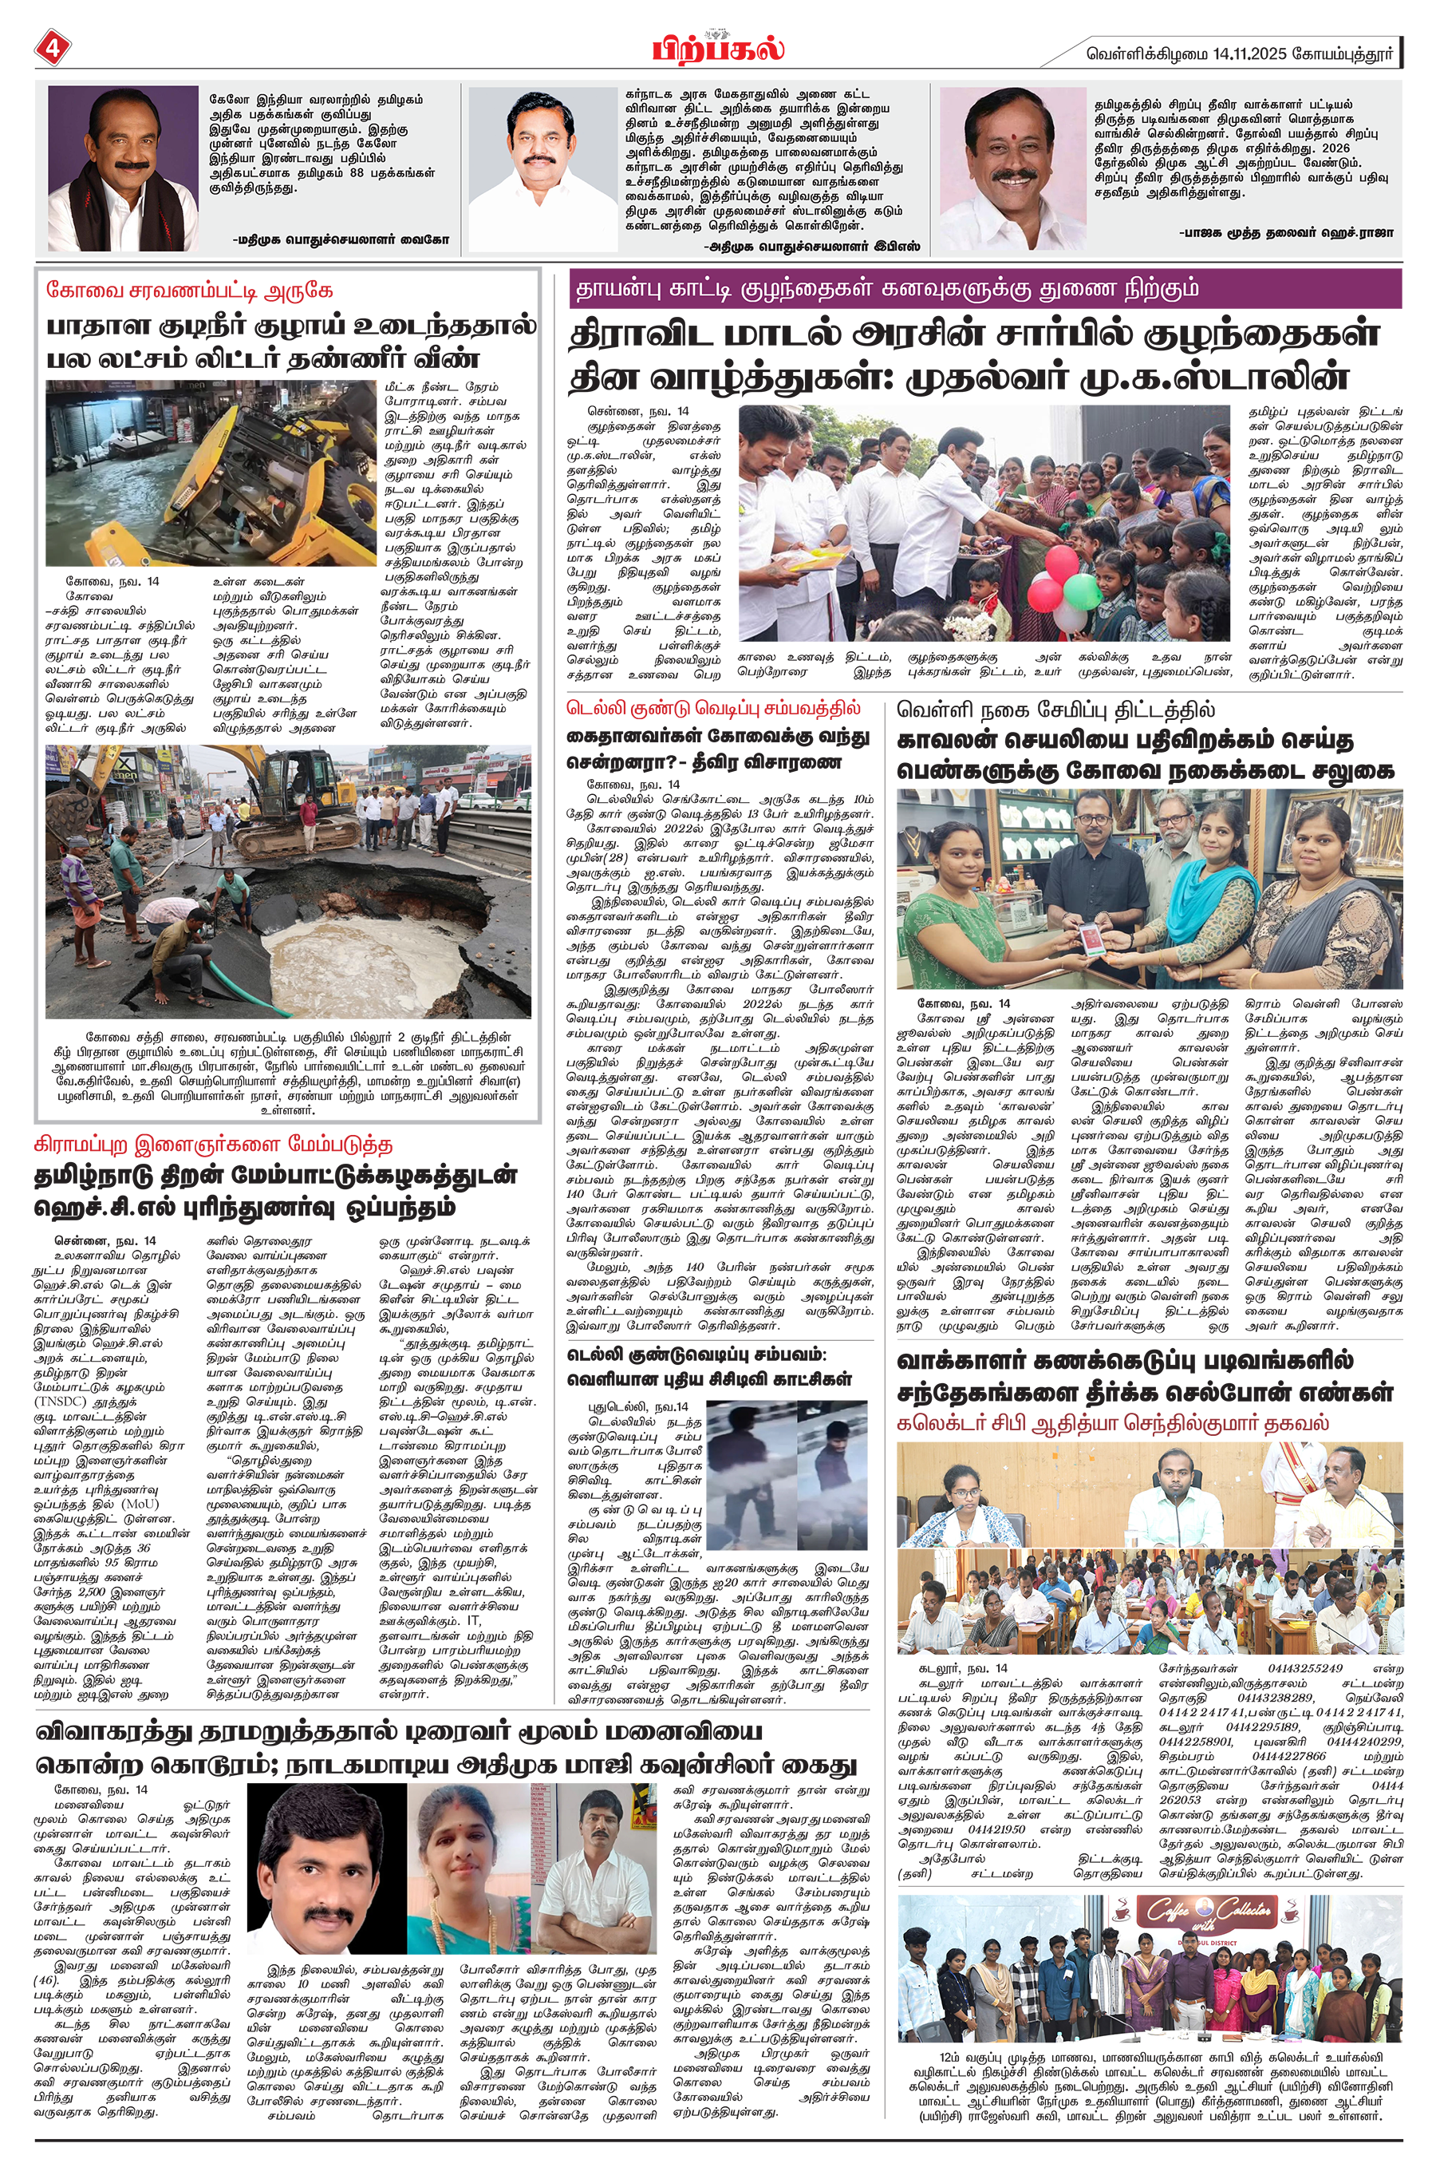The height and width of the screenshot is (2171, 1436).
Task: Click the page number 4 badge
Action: click(51, 49)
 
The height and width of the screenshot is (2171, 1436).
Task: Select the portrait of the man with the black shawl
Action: click(123, 168)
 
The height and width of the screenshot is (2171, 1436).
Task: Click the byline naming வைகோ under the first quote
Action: click(341, 239)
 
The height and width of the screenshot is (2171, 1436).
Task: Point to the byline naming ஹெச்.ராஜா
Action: click(1286, 233)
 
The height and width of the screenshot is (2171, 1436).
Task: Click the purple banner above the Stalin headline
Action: click(984, 290)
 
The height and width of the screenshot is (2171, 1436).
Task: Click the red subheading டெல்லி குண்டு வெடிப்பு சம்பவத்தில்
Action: click(712, 709)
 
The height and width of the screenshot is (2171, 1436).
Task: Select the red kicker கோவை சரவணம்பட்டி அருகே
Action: click(190, 291)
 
